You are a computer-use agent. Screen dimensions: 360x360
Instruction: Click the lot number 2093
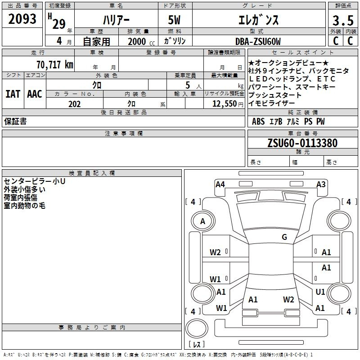click(22, 19)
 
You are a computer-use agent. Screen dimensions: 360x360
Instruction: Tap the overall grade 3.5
click(343, 20)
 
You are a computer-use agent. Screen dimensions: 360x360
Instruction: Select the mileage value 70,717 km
click(55, 65)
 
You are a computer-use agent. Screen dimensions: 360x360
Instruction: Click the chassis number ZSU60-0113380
click(302, 143)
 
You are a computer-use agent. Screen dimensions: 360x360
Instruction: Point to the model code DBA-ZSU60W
click(258, 41)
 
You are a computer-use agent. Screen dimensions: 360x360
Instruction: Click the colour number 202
click(74, 104)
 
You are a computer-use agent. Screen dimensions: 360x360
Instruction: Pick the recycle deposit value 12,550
click(225, 104)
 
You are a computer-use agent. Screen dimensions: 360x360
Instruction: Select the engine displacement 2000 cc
click(141, 41)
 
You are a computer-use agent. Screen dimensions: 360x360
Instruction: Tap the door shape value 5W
click(174, 20)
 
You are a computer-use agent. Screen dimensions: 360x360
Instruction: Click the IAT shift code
click(13, 94)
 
